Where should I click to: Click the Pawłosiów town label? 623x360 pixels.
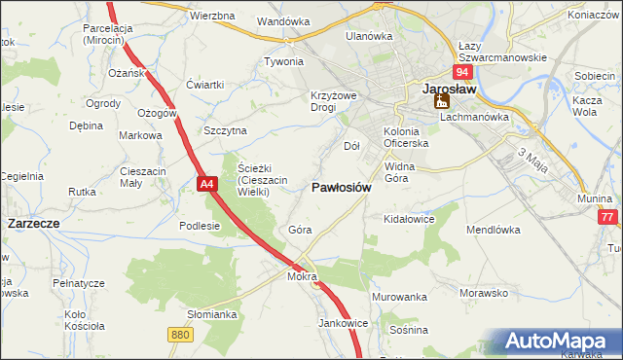coord(341,188)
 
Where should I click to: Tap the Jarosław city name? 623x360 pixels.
coord(448,88)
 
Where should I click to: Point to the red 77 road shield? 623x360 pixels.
coord(608,218)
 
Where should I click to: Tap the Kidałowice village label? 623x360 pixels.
coord(409,220)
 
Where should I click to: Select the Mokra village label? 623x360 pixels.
coord(303,276)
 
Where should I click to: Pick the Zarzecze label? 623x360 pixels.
coord(34,223)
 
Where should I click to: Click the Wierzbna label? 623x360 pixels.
coord(212,17)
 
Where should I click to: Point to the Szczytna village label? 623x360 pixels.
coord(225,130)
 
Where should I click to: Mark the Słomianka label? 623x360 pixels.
coord(212,314)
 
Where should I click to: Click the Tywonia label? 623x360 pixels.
coord(284,61)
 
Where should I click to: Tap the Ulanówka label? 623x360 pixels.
coord(369,36)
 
